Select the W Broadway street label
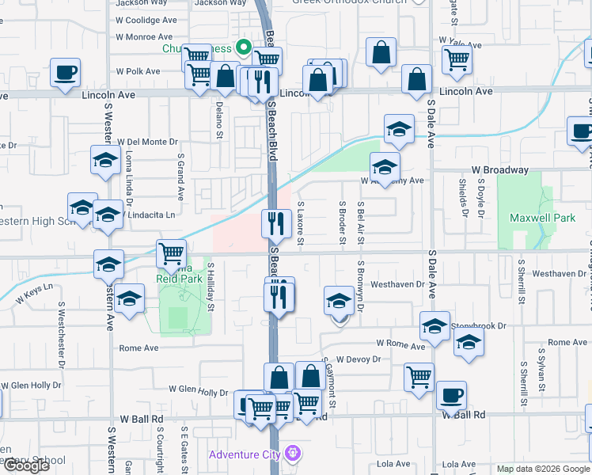(499, 170)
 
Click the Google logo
(25, 465)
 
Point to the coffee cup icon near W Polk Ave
(65, 73)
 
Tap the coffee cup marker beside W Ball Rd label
(451, 394)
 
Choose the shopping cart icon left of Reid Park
(172, 253)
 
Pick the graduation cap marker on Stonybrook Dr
(435, 326)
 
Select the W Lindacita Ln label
(148, 215)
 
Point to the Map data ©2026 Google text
(542, 468)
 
